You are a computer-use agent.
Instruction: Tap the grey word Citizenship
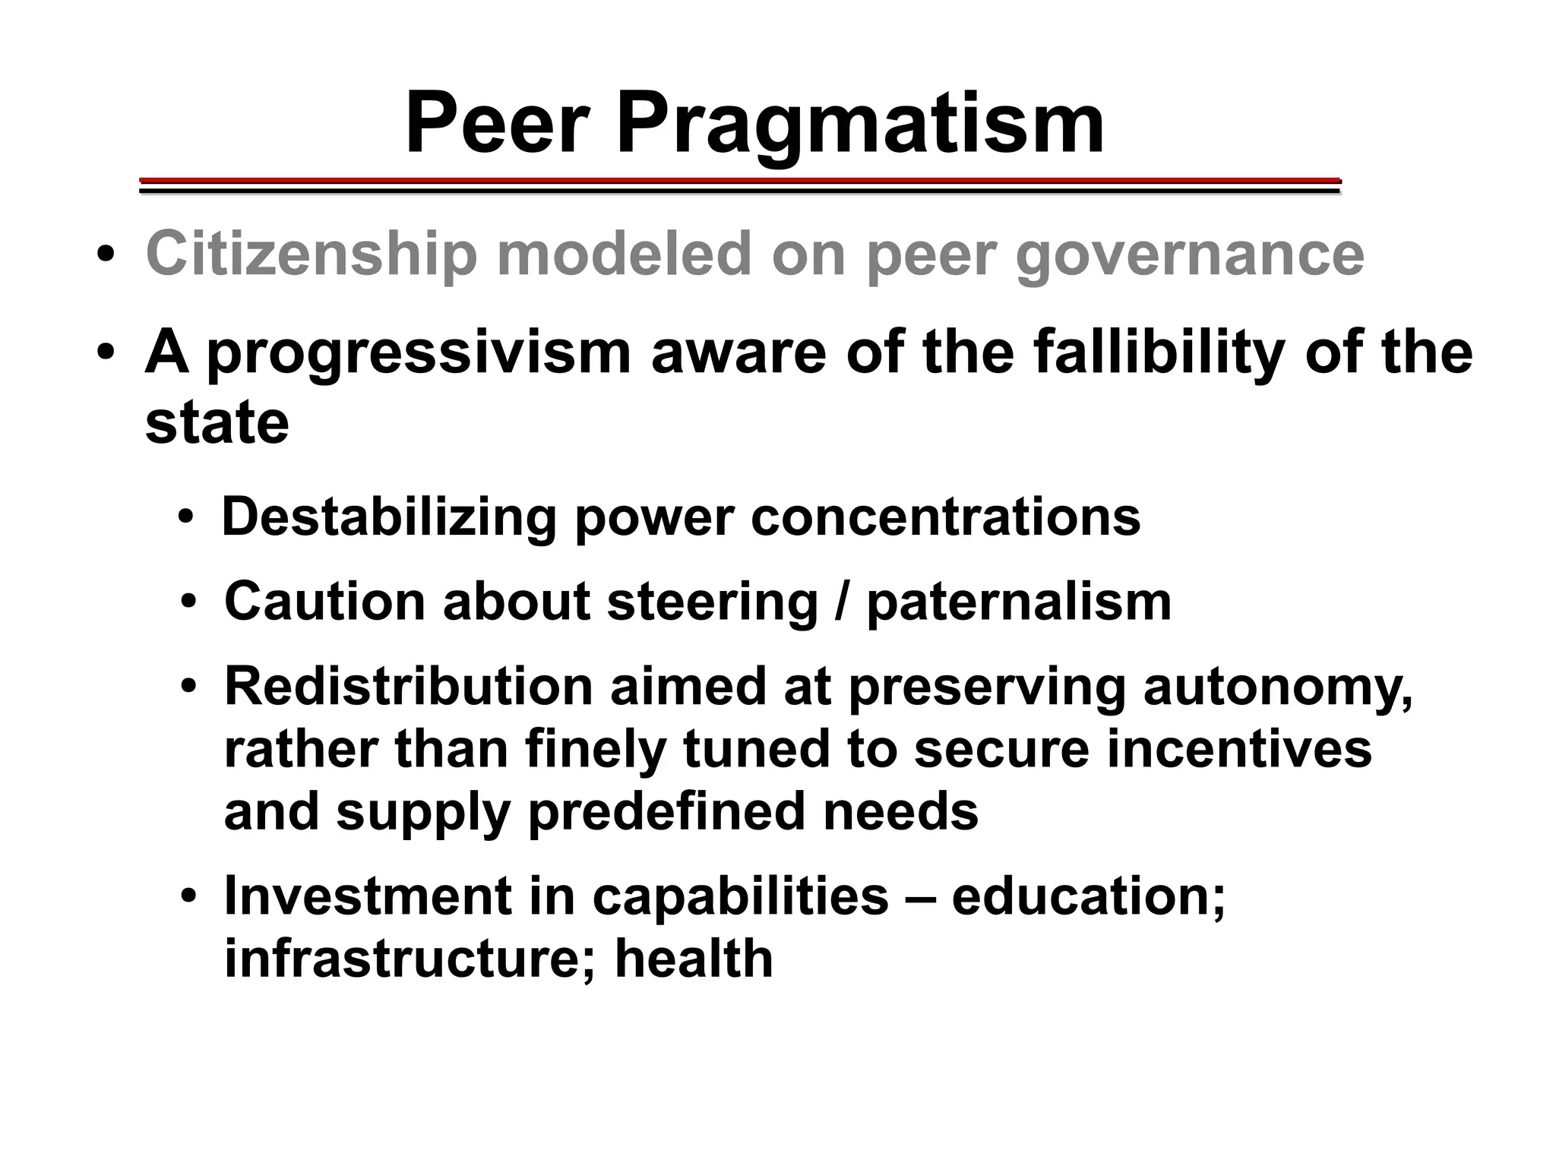pyautogui.click(x=311, y=254)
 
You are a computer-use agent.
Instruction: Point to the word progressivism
pyautogui.click(x=419, y=355)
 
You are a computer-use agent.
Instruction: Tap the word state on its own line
pyautogui.click(x=217, y=422)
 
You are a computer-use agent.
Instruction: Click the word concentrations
pyautogui.click(x=945, y=517)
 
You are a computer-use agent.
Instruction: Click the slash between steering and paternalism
pyautogui.click(x=842, y=602)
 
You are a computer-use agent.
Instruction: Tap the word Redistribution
pyautogui.click(x=408, y=687)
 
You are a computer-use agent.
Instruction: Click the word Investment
pyautogui.click(x=368, y=896)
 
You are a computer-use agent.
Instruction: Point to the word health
pyautogui.click(x=694, y=959)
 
